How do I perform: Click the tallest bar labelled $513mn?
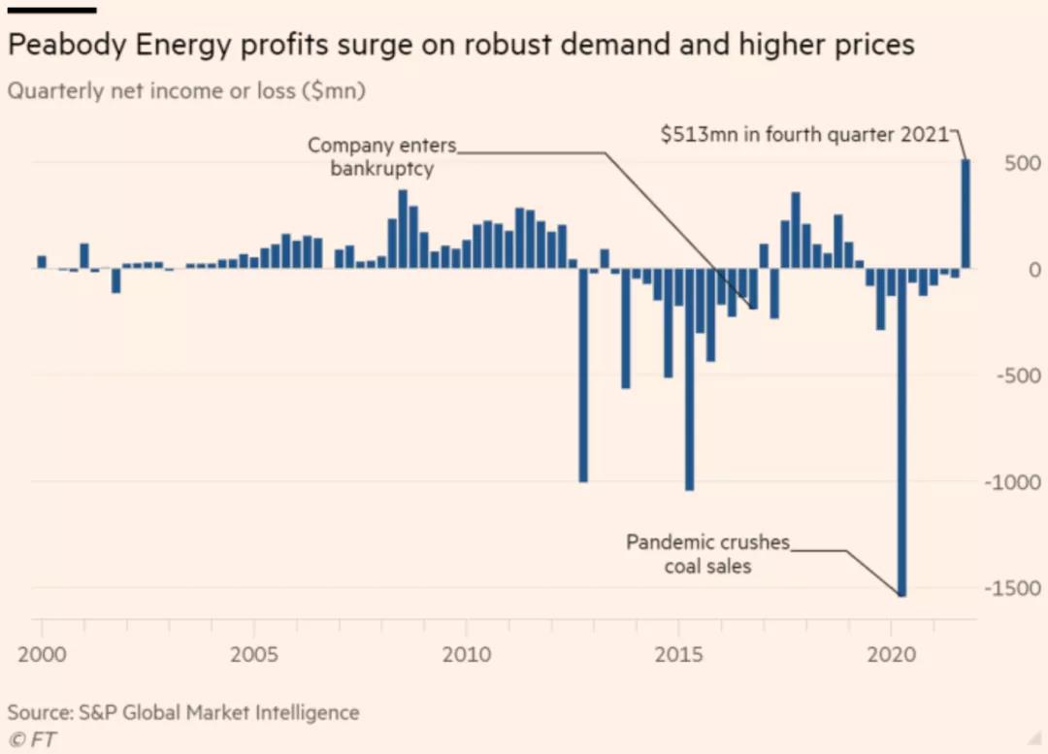[x=966, y=213]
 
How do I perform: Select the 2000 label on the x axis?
[x=42, y=653]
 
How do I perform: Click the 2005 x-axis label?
[x=254, y=653]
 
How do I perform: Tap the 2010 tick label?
[x=467, y=653]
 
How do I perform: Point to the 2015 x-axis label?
[x=679, y=653]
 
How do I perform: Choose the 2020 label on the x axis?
[x=892, y=653]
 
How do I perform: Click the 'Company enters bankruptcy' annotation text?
[x=380, y=156]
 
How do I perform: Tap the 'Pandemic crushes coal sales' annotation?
[x=707, y=553]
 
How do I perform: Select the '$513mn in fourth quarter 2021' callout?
[x=803, y=135]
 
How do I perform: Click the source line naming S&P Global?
[x=183, y=712]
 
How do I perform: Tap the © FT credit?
[x=32, y=739]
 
